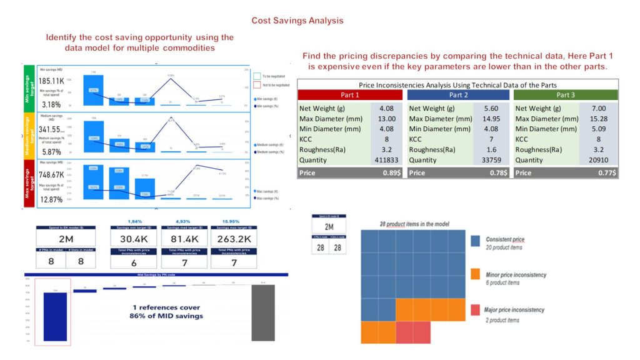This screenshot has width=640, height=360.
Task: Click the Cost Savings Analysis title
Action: (297, 21)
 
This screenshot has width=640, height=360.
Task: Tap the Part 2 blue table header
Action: (459, 95)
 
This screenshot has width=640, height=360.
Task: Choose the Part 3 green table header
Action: (565, 95)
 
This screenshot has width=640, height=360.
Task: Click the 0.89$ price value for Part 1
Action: (391, 173)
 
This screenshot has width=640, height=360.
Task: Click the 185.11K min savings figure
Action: (52, 81)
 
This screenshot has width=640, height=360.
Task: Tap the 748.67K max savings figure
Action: (52, 175)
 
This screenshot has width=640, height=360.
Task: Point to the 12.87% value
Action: (50, 200)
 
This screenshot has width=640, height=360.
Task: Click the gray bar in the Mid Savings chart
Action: (263, 314)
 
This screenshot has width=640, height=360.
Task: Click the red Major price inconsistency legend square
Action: (476, 311)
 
